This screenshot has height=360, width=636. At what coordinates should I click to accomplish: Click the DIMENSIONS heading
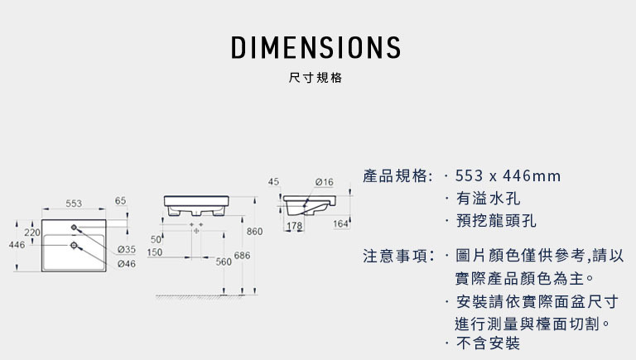[316, 47]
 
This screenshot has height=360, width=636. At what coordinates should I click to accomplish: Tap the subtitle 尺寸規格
[316, 78]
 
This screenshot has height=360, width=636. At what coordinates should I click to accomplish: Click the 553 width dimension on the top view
[74, 204]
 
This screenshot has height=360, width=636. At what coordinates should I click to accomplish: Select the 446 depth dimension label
[17, 245]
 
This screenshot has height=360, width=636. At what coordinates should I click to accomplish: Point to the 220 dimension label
[32, 233]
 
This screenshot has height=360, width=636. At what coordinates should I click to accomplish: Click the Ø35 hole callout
[127, 249]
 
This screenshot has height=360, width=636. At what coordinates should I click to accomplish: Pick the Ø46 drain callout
[127, 264]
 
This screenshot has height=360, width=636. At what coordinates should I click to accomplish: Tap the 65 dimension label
[120, 200]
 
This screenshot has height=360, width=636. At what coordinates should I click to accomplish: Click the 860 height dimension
[254, 232]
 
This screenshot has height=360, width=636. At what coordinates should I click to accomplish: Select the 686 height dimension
[242, 256]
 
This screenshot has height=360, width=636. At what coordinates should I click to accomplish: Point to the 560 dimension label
[224, 262]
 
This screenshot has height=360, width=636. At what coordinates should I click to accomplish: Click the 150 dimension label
[155, 252]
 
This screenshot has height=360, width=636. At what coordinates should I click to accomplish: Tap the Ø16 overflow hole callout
[325, 182]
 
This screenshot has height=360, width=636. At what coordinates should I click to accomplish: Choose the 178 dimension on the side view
[295, 225]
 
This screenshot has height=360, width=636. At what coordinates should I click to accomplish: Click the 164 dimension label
[340, 223]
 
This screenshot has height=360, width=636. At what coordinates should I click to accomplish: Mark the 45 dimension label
[274, 181]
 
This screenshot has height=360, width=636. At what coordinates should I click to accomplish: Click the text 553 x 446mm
[508, 176]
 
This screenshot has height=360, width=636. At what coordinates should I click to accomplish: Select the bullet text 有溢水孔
[488, 199]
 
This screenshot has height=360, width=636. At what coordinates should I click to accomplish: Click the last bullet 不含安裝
[488, 343]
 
